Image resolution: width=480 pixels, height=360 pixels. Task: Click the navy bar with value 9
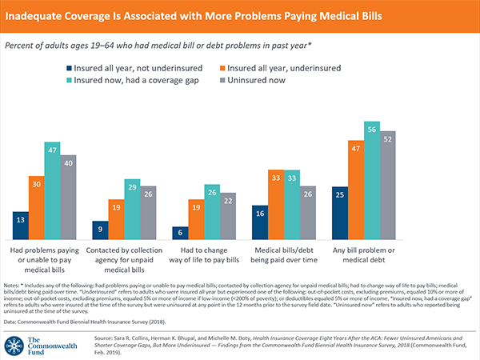pyautogui.click(x=100, y=230)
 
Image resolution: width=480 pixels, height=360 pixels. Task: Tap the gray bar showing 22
pyautogui.click(x=230, y=218)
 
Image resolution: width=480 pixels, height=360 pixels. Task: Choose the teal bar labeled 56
pyautogui.click(x=371, y=184)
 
